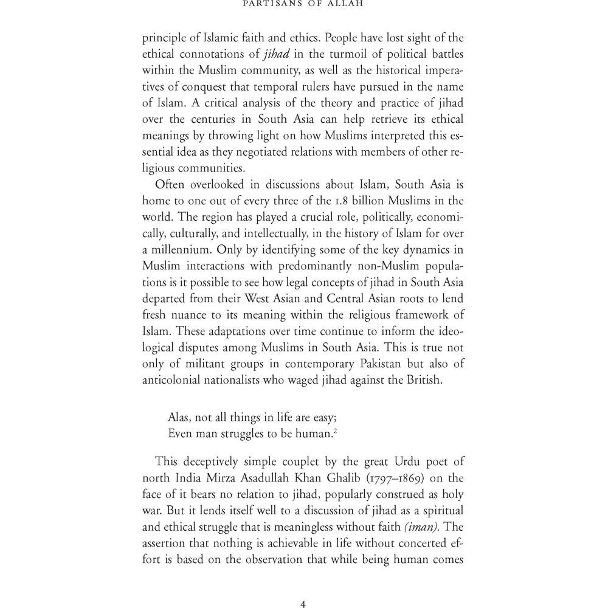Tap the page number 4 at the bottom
[x=303, y=604]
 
